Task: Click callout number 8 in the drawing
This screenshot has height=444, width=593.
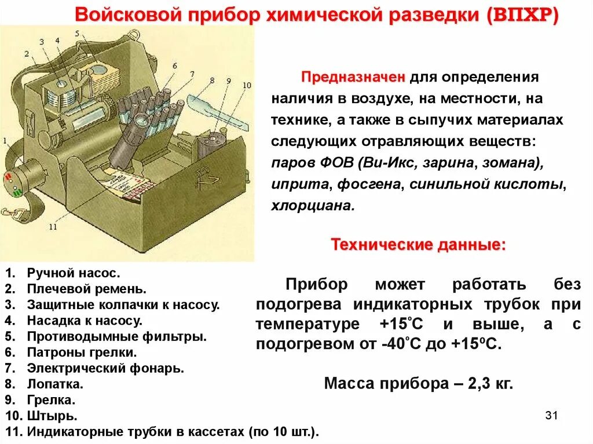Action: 211,80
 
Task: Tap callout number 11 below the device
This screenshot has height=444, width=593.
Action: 53,227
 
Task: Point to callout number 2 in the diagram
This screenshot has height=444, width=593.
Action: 27,54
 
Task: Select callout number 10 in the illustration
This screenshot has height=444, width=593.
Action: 247,85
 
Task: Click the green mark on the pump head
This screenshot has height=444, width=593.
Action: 17,191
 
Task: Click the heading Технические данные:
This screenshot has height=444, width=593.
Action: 418,245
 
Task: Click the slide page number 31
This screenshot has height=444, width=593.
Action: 551,416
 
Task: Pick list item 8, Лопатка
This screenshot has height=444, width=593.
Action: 55,384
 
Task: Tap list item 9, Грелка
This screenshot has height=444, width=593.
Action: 51,399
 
